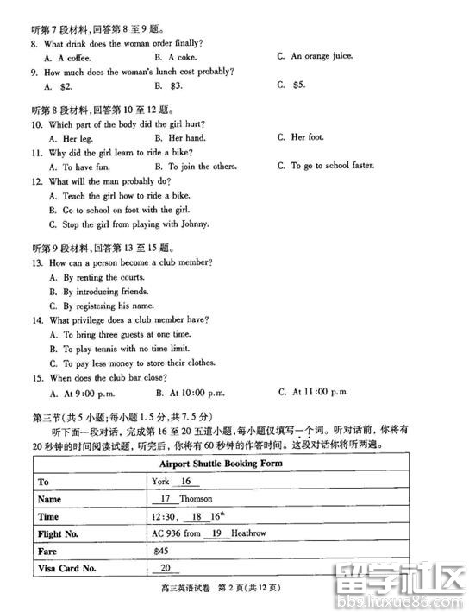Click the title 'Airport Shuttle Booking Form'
[x=222, y=464]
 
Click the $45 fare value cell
[x=160, y=551]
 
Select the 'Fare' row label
[x=48, y=551]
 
